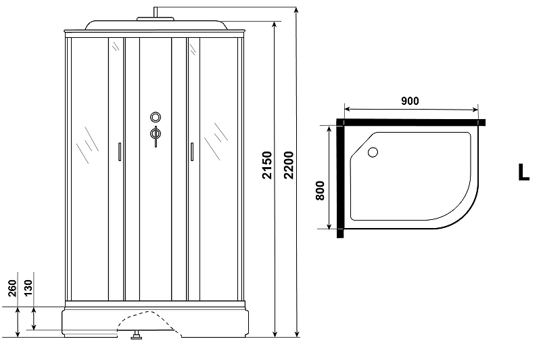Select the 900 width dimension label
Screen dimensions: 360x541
coord(410,101)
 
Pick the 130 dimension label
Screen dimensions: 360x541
coord(30,289)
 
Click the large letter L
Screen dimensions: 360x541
coord(523,172)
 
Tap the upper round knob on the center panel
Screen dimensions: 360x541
coord(155,116)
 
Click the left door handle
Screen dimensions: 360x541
coord(120,152)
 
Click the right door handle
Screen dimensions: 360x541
coord(191,152)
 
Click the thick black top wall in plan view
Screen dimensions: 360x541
coord(413,122)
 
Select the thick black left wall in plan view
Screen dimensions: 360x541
coord(341,179)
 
